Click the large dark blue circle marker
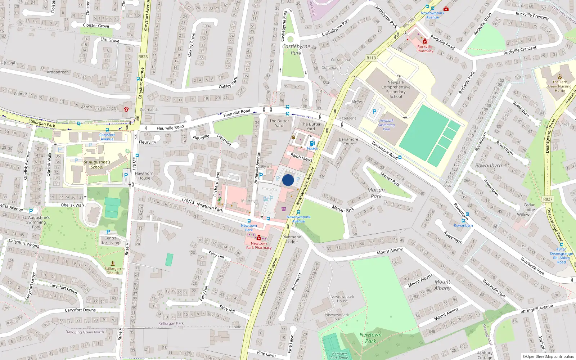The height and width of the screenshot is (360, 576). [288, 180]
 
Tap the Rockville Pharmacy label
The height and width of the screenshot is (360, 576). [425, 49]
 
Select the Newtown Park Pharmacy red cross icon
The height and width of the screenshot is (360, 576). [258, 238]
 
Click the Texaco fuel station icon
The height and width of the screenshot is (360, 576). [312, 143]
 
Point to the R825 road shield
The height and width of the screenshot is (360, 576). [143, 57]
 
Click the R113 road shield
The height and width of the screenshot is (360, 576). [371, 58]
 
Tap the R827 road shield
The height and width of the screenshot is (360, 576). [548, 199]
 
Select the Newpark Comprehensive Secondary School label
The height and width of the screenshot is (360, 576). [396, 89]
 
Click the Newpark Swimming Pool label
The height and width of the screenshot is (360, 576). [386, 125]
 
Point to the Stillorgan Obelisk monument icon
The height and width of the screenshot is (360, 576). [113, 263]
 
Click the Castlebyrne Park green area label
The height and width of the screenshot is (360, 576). [296, 50]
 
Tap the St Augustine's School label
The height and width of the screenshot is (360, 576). [97, 165]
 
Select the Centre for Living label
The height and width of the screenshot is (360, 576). [110, 240]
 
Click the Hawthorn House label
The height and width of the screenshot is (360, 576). [144, 176]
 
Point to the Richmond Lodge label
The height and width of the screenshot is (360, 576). [292, 239]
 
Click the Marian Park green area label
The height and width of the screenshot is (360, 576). [376, 193]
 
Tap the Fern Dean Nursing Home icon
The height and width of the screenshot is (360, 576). [559, 77]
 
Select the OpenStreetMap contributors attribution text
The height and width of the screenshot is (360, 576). [548, 356]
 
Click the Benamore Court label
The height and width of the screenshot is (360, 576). [348, 141]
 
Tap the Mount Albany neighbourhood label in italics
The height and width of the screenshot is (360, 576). [442, 285]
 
